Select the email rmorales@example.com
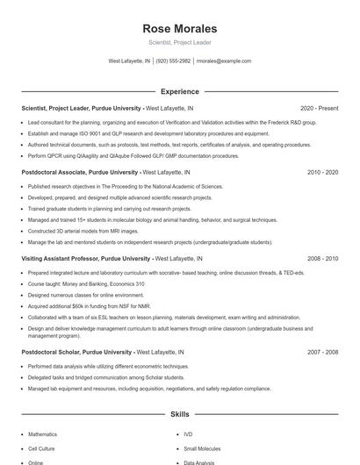(x=224, y=61)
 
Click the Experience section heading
(x=179, y=90)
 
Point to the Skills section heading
(x=179, y=412)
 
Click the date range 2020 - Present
(x=319, y=108)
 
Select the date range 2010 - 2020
(x=322, y=173)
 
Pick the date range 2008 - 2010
(x=322, y=259)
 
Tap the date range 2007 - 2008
(x=322, y=352)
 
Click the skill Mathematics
(x=42, y=433)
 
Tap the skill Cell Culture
(x=42, y=447)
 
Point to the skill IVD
(x=188, y=433)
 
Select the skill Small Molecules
(x=201, y=447)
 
